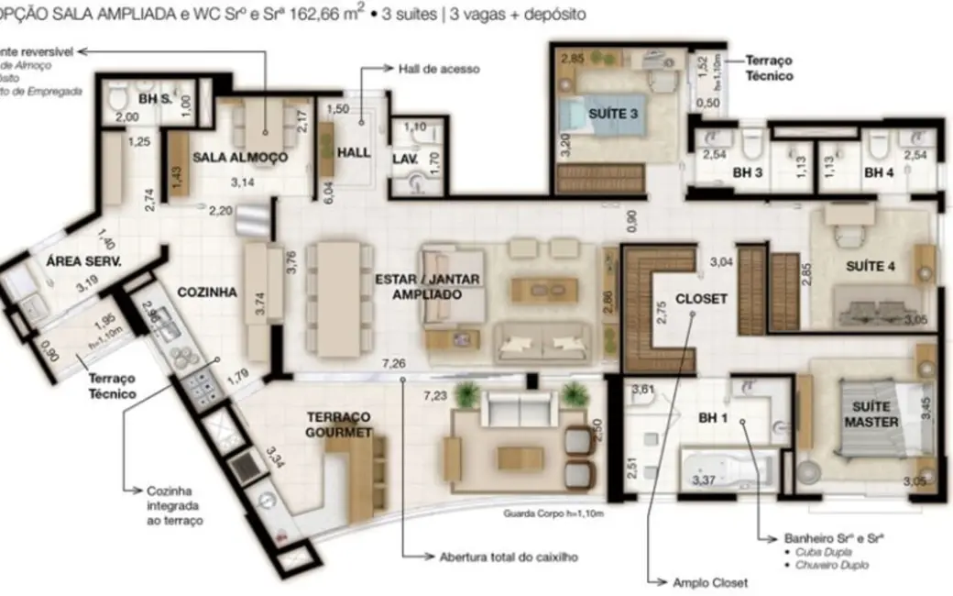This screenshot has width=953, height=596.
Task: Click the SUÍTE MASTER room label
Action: coord(871,415)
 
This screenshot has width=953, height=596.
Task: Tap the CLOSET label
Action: coord(700,298)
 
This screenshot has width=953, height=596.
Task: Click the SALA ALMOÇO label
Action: coord(240,157)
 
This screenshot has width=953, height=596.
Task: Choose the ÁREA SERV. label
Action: coord(84,260)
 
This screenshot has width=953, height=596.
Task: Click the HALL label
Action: coord(354,152)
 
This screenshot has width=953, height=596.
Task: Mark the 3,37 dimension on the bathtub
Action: coord(704,480)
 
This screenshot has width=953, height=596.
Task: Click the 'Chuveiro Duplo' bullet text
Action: coord(826,565)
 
